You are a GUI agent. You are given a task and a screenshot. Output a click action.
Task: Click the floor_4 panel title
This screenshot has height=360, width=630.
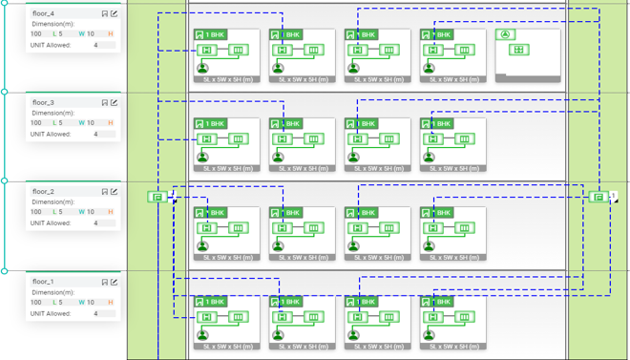43,14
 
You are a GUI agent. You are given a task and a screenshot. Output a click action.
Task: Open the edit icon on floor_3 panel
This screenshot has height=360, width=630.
115,103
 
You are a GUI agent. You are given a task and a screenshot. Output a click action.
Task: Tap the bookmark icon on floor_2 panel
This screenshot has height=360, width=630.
105,192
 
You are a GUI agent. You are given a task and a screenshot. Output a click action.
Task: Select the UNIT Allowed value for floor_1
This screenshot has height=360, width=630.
95,313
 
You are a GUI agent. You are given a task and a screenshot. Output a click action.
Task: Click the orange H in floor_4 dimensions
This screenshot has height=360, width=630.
110,33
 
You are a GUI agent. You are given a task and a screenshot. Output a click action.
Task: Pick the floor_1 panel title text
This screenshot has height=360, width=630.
43,282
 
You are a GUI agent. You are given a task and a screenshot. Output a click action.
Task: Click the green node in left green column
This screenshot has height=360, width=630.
156,197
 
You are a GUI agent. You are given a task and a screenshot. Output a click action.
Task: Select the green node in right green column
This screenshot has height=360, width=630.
598,197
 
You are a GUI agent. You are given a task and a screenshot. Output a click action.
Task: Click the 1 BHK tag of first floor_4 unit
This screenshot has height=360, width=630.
211,35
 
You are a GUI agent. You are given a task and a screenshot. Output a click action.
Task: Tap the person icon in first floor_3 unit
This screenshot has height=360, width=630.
202,157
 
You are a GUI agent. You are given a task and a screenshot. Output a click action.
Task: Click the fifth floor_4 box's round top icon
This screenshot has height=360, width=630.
507,35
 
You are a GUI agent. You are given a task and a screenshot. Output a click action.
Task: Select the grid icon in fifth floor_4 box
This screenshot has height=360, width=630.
518,50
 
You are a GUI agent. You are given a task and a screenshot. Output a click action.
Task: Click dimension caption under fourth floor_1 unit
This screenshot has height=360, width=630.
453,347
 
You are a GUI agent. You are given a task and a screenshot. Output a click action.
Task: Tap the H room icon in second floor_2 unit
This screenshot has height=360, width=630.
282,228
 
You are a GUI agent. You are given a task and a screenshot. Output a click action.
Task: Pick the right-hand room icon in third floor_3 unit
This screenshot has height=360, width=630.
388,139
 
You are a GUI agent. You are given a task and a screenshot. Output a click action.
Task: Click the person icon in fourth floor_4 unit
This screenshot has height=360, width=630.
429,68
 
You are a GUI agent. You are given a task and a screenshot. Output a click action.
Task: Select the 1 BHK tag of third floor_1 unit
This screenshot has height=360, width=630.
362,302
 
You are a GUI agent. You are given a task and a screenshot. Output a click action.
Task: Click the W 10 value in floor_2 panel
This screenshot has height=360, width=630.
86,212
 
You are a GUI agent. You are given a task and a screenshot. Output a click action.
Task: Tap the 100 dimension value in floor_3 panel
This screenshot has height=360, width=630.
36,123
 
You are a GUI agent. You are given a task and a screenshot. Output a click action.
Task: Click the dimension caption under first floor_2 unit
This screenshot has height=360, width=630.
226,258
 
